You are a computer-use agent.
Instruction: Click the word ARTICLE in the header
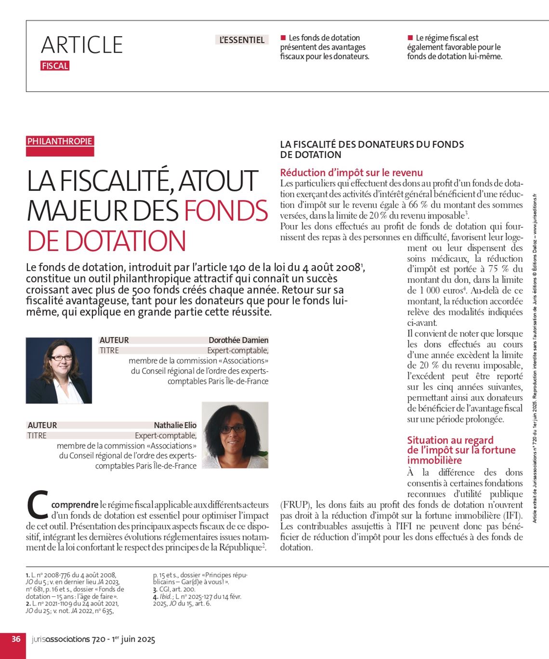coord(82,45)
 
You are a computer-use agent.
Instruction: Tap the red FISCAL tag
coord(55,66)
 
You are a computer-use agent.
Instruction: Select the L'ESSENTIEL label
coord(242,40)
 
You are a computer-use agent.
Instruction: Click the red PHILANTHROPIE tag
coord(60,141)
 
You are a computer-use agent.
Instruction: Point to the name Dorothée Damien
coord(238,340)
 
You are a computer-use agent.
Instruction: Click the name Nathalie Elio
coord(175,425)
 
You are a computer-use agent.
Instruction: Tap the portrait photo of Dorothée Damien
coord(59,370)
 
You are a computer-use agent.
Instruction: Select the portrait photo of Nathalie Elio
coord(235,435)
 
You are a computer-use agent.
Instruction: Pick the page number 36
coord(16,639)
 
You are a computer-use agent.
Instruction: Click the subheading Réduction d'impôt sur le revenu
coord(352,173)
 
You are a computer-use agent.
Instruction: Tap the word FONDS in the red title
coord(226,211)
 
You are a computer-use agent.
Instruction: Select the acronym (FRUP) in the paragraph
coord(295,505)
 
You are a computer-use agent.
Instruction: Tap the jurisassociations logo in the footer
coord(61,640)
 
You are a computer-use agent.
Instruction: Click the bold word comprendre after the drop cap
coord(72,505)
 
